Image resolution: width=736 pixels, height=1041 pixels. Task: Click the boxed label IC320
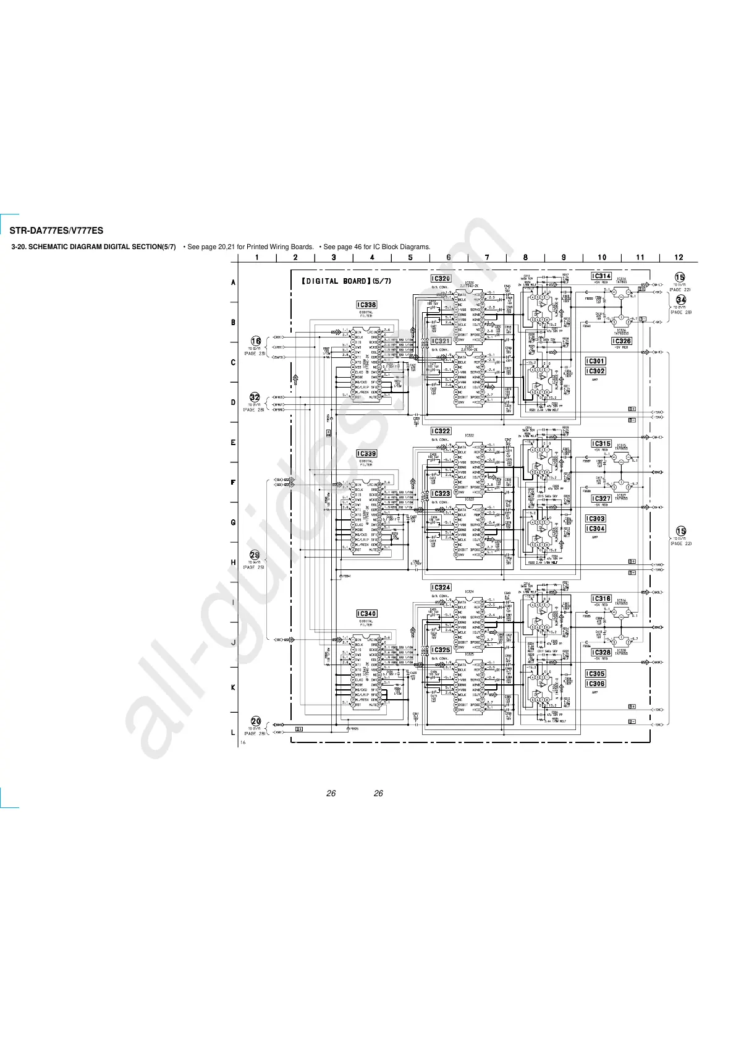tap(441, 279)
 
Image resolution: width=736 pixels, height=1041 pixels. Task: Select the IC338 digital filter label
tap(366, 305)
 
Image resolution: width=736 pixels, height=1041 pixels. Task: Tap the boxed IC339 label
tap(366, 454)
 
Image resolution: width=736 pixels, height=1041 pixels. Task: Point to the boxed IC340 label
tap(366, 614)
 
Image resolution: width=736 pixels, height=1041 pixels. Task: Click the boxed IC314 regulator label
tap(601, 276)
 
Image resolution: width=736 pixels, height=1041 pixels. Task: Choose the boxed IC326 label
tap(621, 341)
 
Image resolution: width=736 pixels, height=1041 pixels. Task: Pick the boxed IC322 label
tap(441, 431)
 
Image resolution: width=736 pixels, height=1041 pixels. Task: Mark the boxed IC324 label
tap(441, 588)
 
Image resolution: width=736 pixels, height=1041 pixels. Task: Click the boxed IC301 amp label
tap(595, 361)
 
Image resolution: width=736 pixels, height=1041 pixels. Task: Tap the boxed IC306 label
tap(595, 684)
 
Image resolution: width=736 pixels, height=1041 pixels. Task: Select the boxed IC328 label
tap(601, 652)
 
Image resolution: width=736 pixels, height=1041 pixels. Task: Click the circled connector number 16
tap(256, 341)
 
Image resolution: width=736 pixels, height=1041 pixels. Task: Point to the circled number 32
tap(255, 397)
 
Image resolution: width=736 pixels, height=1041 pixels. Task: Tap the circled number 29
tap(255, 555)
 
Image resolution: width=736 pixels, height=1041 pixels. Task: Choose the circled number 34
tap(680, 300)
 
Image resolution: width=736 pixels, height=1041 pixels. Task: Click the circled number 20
tap(256, 721)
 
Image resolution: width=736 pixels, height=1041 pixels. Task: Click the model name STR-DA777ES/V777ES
tap(56, 231)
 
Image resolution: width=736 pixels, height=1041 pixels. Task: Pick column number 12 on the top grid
tap(679, 257)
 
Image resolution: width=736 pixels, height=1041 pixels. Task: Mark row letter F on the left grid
tap(233, 482)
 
